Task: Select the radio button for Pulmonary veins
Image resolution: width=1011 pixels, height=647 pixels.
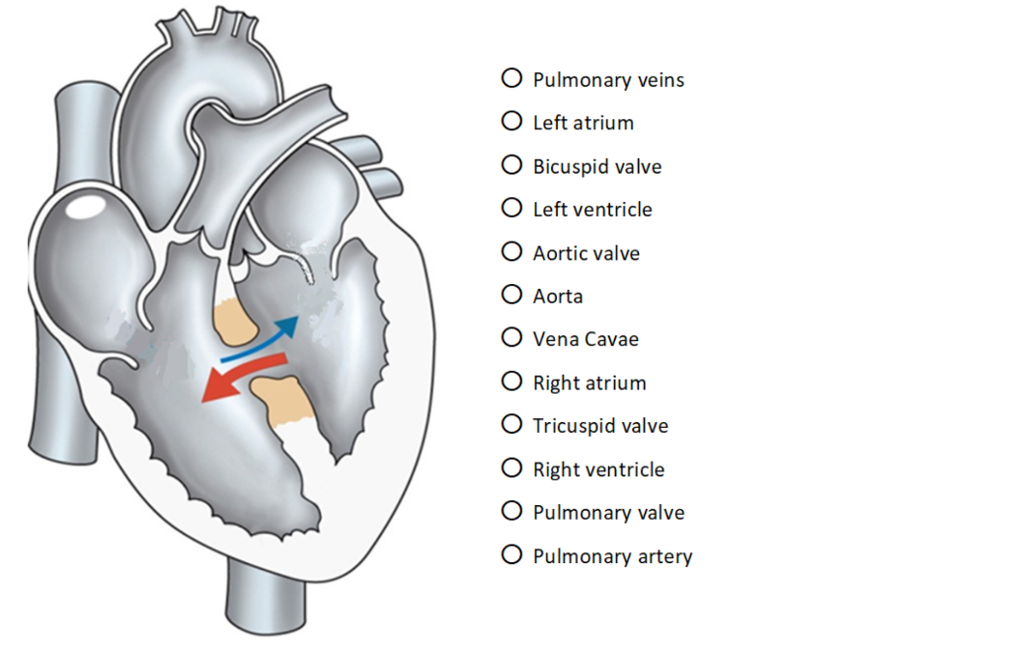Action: tap(511, 78)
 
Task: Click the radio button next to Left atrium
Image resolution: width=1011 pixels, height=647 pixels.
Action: tap(511, 121)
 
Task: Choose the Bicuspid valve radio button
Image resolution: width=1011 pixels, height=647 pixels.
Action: tap(511, 165)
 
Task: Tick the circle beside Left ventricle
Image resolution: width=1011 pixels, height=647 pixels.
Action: tap(511, 208)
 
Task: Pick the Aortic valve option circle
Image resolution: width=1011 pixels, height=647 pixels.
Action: tap(511, 252)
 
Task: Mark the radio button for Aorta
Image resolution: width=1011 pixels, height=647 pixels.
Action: tap(511, 295)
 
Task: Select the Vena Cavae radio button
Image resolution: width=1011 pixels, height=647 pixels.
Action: tap(511, 337)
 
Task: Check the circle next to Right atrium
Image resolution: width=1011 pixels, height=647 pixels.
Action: tap(511, 381)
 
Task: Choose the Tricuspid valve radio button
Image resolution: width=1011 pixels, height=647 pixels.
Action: tap(511, 424)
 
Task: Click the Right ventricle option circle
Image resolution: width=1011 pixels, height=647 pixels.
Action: tap(511, 467)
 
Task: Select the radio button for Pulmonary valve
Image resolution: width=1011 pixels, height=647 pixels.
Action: tap(511, 511)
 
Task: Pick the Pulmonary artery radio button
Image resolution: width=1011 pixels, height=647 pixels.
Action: tap(511, 554)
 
